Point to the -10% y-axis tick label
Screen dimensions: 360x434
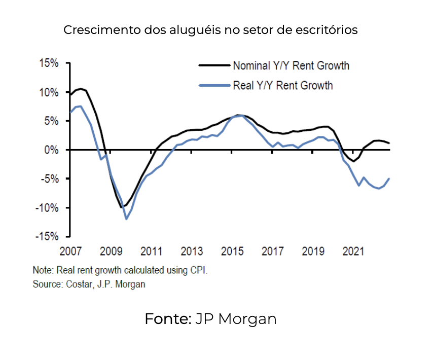point(47,208)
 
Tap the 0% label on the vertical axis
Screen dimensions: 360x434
point(52,150)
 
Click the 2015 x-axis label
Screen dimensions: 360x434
point(232,251)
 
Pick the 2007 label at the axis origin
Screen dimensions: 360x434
point(71,251)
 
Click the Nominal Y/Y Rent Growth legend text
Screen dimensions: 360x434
point(291,66)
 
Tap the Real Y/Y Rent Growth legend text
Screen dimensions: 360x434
point(283,85)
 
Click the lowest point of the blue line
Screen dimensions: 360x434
point(126,219)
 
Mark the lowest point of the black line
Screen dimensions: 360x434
point(122,207)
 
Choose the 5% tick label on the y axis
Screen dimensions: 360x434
point(52,121)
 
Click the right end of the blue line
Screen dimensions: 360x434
point(389,178)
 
